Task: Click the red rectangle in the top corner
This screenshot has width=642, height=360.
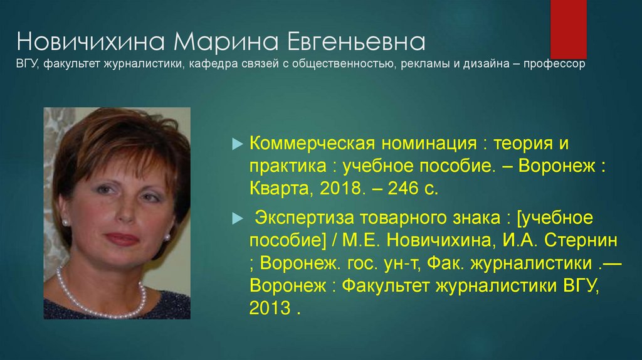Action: pyautogui.click(x=568, y=28)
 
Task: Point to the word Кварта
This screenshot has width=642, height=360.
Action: pyautogui.click(x=276, y=188)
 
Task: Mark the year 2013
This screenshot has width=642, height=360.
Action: pyautogui.click(x=270, y=309)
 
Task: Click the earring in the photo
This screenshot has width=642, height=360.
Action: pyautogui.click(x=167, y=237)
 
